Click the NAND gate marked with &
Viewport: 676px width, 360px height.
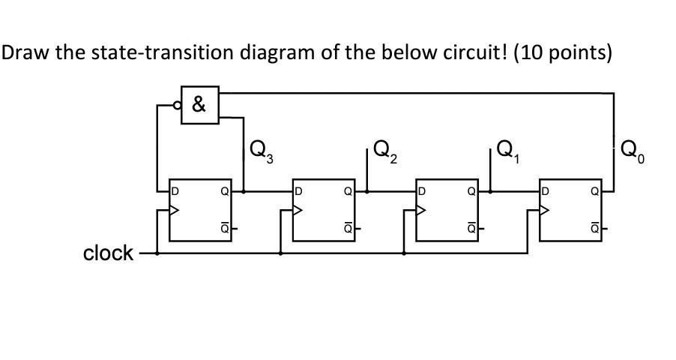click(x=200, y=105)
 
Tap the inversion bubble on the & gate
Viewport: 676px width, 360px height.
click(x=178, y=105)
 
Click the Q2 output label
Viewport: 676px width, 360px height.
click(x=383, y=152)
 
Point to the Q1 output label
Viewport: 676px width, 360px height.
click(x=507, y=152)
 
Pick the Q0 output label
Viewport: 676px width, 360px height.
click(x=632, y=152)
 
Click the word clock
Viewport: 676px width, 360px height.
click(x=108, y=253)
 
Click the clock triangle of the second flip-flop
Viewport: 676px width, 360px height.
click(x=298, y=211)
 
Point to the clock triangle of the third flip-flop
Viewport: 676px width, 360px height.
click(x=422, y=211)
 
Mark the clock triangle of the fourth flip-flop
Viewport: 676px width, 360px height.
click(x=545, y=211)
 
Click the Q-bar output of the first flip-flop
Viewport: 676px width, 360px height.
click(x=224, y=226)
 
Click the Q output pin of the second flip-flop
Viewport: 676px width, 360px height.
click(x=347, y=190)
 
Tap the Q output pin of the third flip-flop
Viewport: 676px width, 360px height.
click(x=471, y=190)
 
